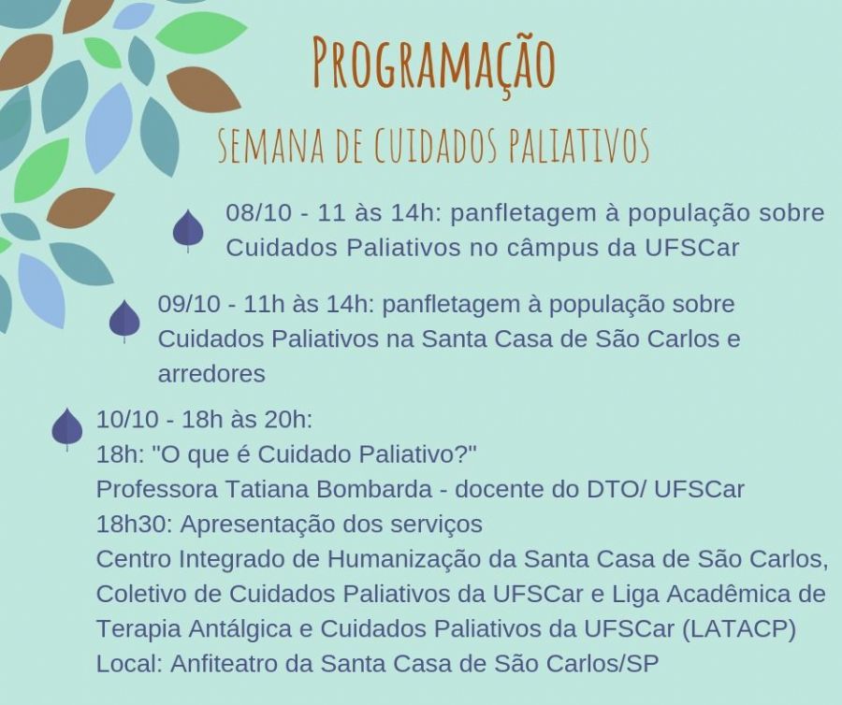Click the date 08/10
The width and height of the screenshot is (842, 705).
pos(258,213)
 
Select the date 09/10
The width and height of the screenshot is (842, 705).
pos(189,304)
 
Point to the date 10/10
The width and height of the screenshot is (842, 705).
pos(127,420)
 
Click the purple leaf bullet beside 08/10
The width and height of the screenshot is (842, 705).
pos(188,230)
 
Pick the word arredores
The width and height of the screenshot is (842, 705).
pos(211,374)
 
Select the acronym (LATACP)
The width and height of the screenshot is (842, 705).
pos(739,629)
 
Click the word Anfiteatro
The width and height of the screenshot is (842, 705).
pos(224,664)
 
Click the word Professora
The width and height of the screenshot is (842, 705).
pos(157,489)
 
